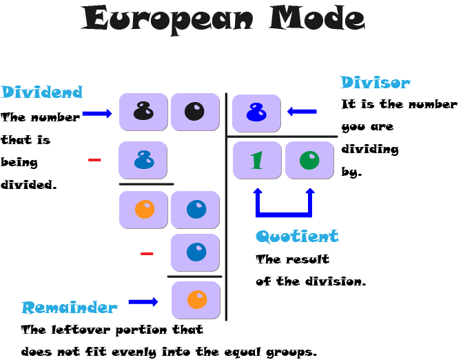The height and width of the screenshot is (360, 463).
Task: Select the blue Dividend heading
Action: (41, 92)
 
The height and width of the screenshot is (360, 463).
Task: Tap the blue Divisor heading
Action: (375, 83)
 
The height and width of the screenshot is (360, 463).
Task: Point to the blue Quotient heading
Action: (297, 237)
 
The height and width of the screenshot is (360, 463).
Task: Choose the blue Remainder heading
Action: (69, 308)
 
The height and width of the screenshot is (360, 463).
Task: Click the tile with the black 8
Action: (143, 112)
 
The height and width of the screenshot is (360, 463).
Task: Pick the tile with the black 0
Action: (195, 112)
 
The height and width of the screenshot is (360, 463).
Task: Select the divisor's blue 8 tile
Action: (256, 113)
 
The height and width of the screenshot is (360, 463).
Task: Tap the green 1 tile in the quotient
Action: (257, 160)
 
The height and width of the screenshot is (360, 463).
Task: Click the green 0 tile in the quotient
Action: (309, 160)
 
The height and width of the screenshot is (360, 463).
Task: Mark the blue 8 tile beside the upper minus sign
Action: (143, 160)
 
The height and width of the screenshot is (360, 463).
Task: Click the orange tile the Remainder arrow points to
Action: (196, 300)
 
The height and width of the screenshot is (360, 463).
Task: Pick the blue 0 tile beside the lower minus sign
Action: (196, 252)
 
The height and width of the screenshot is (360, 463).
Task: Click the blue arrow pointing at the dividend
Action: (97, 114)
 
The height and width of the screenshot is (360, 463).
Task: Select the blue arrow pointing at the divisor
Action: (302, 111)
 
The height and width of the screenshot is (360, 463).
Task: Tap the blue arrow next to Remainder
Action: (143, 301)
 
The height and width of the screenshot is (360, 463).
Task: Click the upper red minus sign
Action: (94, 161)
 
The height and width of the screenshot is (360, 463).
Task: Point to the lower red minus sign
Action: (147, 254)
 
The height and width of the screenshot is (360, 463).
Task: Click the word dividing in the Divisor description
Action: (370, 149)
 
